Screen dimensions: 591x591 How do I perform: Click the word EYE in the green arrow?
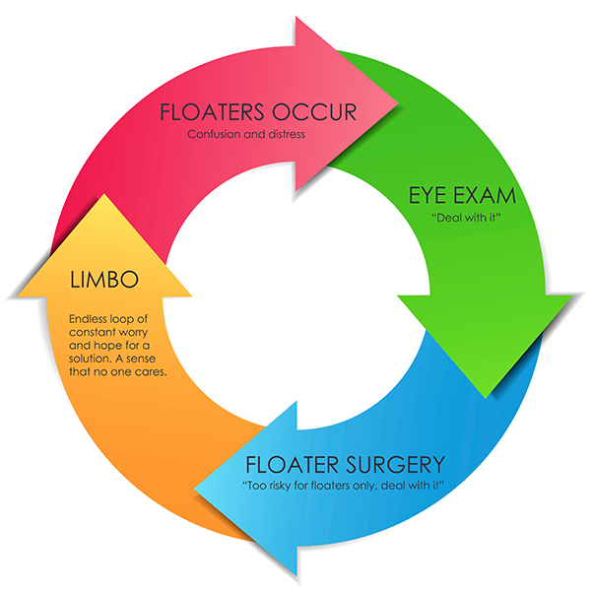[x=428, y=193]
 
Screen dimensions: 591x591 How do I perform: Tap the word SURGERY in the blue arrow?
[x=393, y=464]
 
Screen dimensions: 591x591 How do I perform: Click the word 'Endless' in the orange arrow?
[x=90, y=319]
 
